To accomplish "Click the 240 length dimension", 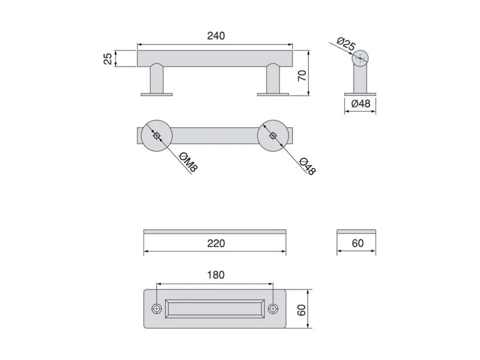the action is click(216, 36).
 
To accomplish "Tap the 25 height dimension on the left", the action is click(108, 58).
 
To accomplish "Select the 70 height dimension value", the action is click(302, 75).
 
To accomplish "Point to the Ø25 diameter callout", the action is click(346, 44).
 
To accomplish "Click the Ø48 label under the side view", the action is click(361, 103).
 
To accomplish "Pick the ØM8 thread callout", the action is click(188, 162).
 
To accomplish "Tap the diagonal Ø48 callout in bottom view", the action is click(306, 166).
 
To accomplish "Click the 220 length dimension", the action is click(216, 243).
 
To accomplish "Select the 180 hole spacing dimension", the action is click(216, 274).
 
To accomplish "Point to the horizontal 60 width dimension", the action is click(358, 243).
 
